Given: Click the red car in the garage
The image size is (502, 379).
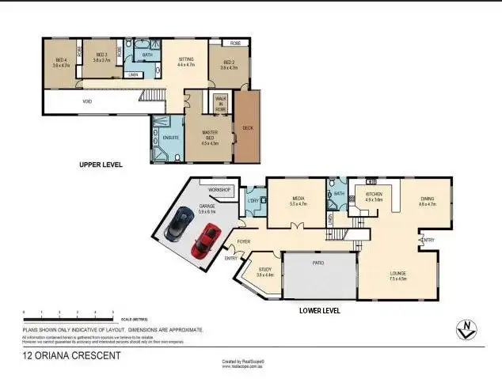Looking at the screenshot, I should [205, 240].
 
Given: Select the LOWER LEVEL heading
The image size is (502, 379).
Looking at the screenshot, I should [319, 311].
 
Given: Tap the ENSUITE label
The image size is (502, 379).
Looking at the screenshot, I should [169, 137].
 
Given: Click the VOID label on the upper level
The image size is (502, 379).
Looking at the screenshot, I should [86, 101].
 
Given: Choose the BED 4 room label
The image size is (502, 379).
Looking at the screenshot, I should [61, 61].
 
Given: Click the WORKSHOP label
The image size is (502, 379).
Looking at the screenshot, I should [219, 191].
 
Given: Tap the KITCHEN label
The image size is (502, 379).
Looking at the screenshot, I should [374, 195].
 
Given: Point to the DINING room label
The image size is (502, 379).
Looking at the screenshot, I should [427, 201].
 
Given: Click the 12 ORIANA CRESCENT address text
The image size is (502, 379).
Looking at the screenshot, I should [71, 356].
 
